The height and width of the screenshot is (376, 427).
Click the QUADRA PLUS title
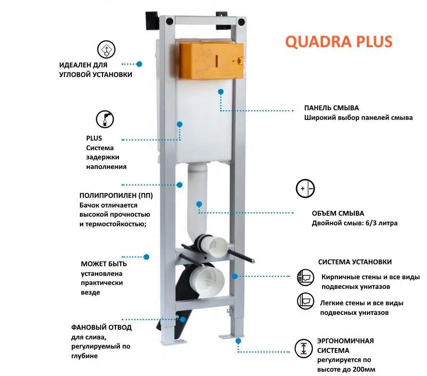tap(339, 42)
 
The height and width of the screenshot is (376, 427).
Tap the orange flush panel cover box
tap(211, 61)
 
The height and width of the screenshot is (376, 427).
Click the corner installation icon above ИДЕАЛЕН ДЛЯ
tap(106, 49)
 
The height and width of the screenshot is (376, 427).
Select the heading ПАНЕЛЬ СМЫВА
tap(331, 108)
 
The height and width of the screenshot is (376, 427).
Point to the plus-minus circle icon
tap(305, 188)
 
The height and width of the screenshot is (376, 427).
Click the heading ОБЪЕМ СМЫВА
tap(338, 213)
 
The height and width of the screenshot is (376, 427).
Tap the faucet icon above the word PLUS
tap(105, 119)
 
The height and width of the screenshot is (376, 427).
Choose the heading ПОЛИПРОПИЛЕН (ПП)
tap(116, 195)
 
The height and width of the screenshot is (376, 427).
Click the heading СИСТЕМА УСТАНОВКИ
tap(355, 262)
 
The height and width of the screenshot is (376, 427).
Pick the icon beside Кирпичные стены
tap(305, 277)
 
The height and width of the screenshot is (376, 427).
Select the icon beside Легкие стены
tap(305, 301)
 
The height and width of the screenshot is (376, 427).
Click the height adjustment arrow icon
tap(303, 349)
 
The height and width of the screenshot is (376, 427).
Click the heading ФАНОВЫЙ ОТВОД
tap(101, 327)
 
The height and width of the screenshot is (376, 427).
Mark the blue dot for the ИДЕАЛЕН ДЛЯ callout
tap(139, 64)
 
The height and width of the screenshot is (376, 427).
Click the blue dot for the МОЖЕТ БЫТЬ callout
tap(146, 257)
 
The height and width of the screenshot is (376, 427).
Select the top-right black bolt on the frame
tap(241, 22)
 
